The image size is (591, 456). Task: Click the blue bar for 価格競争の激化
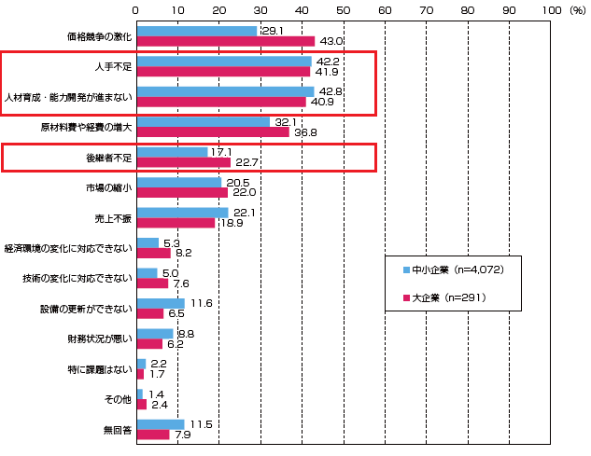click(197, 31)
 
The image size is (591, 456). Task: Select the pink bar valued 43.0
click(225, 42)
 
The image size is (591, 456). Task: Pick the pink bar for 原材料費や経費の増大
click(213, 132)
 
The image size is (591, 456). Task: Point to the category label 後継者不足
click(110, 158)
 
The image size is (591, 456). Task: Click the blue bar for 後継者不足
click(172, 152)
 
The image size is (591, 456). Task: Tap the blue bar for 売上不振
click(182, 213)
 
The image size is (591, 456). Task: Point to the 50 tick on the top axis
click(343, 8)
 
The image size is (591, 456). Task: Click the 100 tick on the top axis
click(550, 8)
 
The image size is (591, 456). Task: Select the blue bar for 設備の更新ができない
click(161, 303)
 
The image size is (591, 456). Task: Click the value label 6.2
click(176, 344)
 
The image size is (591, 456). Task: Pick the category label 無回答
click(119, 431)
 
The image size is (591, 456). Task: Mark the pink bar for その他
click(141, 405)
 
